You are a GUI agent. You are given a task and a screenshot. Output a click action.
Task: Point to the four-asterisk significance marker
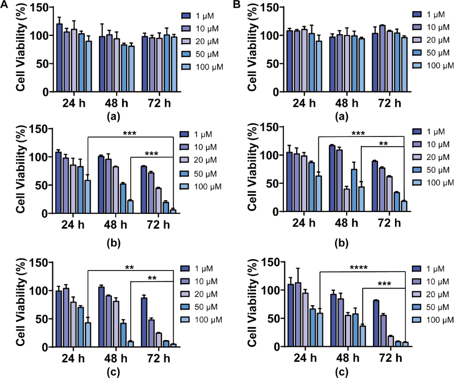362,267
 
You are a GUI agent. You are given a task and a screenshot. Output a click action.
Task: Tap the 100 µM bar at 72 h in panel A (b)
173,212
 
